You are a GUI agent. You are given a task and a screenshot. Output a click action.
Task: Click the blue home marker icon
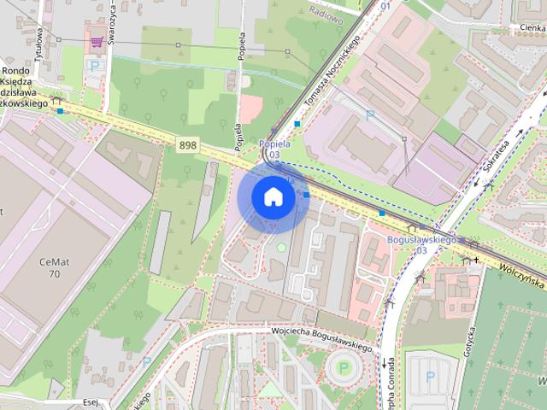[x=273, y=196]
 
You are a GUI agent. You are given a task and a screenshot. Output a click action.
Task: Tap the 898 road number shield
[x=188, y=145]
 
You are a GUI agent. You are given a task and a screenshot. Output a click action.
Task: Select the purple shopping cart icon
[x=97, y=40]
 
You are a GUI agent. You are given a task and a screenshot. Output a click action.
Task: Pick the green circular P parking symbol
[x=344, y=368]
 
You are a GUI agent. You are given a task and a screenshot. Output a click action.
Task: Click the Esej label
[x=92, y=401]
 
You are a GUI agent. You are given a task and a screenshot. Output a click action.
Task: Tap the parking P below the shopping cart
[x=95, y=64]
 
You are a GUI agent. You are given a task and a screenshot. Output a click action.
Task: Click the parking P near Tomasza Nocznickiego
[x=370, y=114]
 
